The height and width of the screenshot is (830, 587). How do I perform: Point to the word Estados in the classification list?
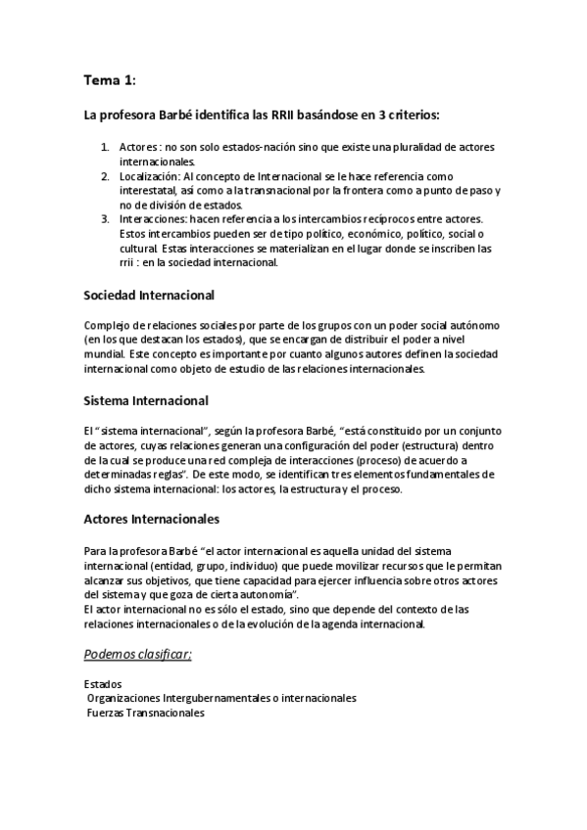coord(103,684)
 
